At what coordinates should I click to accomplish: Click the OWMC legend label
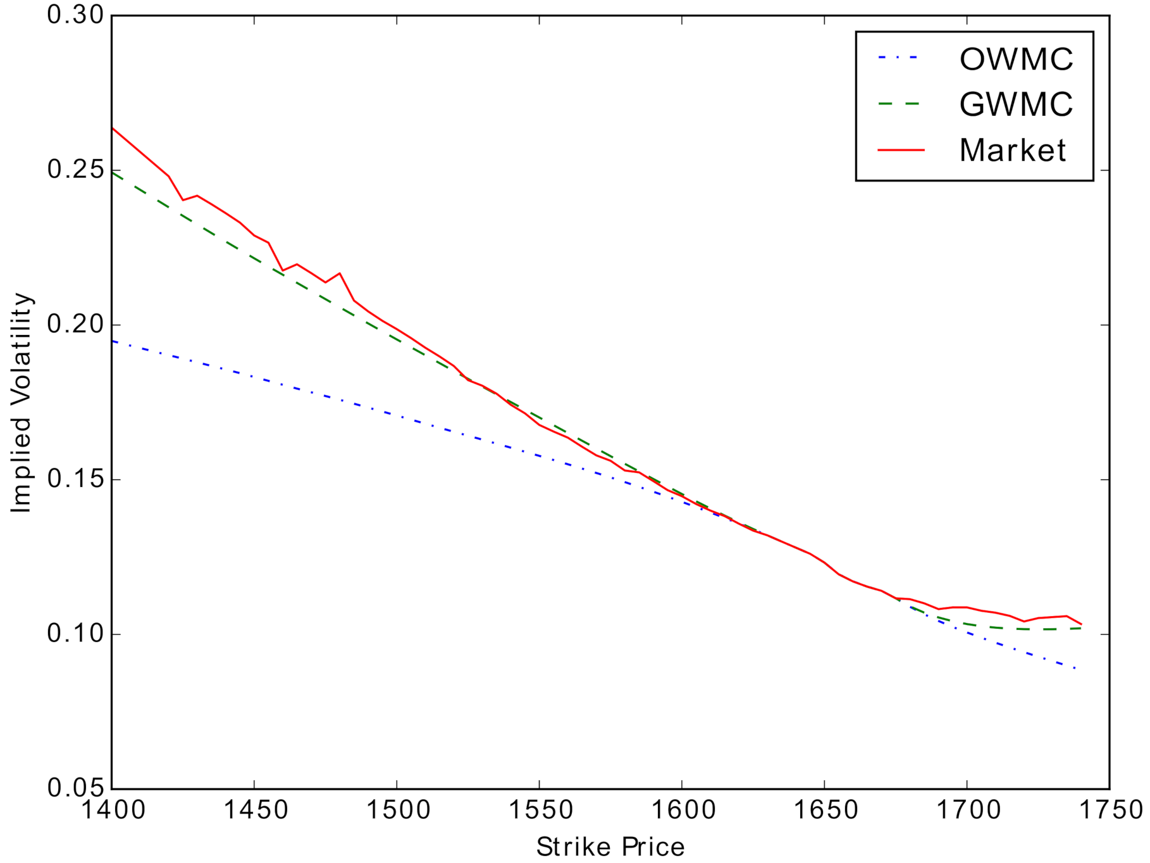[x=1016, y=59]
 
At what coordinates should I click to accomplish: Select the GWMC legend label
[x=1016, y=104]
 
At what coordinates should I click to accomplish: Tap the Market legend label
[x=1012, y=151]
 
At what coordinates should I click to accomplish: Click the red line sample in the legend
[x=901, y=151]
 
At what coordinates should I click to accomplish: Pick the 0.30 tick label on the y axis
[x=75, y=15]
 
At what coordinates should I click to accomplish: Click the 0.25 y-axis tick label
[x=75, y=170]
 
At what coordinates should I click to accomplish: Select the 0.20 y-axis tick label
[x=75, y=325]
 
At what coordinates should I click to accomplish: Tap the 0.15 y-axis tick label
[x=75, y=479]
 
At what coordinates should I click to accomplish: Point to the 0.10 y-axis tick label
[x=75, y=634]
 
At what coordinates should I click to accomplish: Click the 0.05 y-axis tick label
[x=75, y=788]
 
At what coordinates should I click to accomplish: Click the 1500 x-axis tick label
[x=397, y=810]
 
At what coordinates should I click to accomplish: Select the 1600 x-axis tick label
[x=682, y=810]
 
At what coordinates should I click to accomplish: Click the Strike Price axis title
[x=610, y=847]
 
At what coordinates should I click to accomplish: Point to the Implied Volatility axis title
[x=21, y=403]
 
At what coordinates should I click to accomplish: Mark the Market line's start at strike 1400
[x=113, y=128]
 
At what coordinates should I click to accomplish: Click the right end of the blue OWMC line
[x=1075, y=668]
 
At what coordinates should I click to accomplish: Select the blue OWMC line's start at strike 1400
[x=113, y=341]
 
